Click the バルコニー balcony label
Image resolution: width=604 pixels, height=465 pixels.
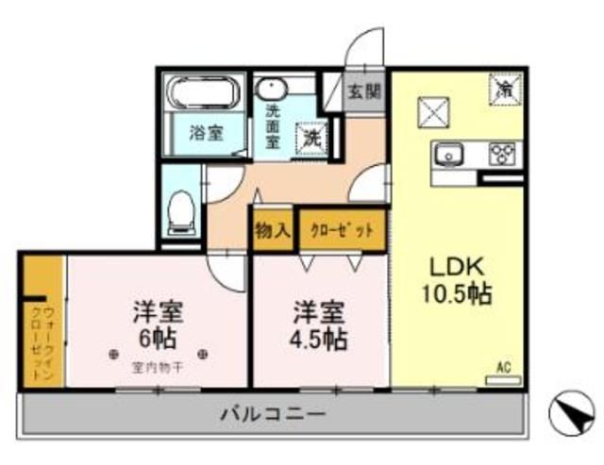click(x=273, y=414)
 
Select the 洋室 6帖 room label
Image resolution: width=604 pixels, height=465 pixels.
click(x=158, y=324)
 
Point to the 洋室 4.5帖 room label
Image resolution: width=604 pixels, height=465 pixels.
click(x=318, y=324)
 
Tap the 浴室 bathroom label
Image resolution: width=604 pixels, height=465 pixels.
click(x=205, y=133)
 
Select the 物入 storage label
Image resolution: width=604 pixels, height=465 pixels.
click(x=272, y=230)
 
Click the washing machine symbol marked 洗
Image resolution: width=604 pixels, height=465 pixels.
click(x=312, y=138)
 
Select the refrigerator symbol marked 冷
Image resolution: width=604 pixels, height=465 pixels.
click(x=504, y=90)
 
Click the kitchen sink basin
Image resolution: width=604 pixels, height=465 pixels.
click(x=448, y=152)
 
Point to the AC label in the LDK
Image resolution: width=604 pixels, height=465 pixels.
click(x=503, y=368)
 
